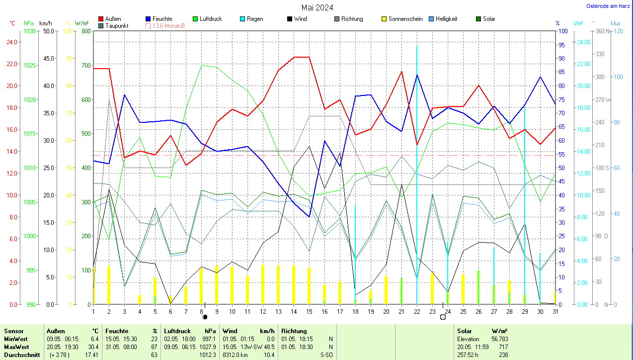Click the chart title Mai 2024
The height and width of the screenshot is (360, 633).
[x=317, y=7]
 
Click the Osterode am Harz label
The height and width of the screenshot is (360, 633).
[x=609, y=6]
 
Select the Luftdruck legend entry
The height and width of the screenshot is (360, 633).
[x=211, y=19]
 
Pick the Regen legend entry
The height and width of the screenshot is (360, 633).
[x=254, y=19]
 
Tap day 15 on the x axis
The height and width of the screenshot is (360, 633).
[x=309, y=311]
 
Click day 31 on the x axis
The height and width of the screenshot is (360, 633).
[x=555, y=311]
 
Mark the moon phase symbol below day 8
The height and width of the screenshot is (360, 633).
[x=205, y=317]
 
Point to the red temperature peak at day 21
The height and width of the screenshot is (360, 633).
[x=401, y=72]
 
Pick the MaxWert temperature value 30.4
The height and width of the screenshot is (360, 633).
[x=93, y=347]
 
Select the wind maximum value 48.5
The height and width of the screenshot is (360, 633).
[x=268, y=347]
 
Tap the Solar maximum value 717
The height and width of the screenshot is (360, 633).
[x=503, y=347]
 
